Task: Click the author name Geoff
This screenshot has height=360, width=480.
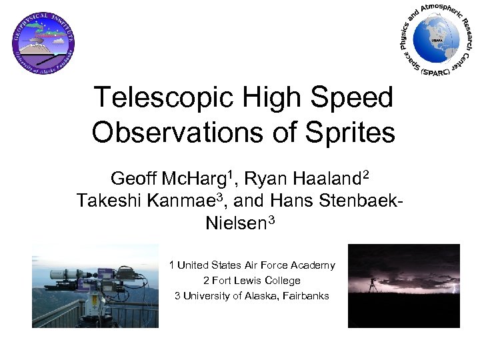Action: pos(134,179)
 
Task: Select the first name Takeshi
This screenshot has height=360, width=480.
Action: pos(107,201)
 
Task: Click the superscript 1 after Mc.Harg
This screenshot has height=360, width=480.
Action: pos(231,175)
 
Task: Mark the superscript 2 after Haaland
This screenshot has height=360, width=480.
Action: pos(365,175)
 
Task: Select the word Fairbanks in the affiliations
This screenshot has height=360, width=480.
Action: pos(303,295)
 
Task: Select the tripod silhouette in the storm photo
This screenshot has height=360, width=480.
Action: pos(373,283)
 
